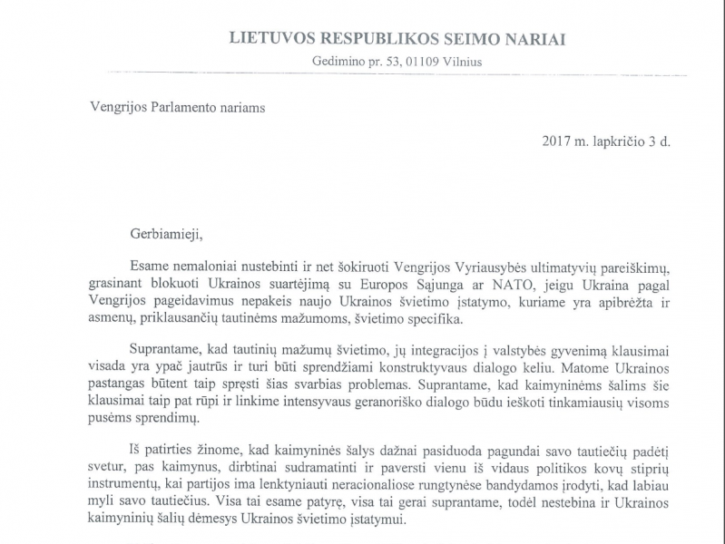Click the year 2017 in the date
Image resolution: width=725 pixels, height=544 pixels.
[x=557, y=142]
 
